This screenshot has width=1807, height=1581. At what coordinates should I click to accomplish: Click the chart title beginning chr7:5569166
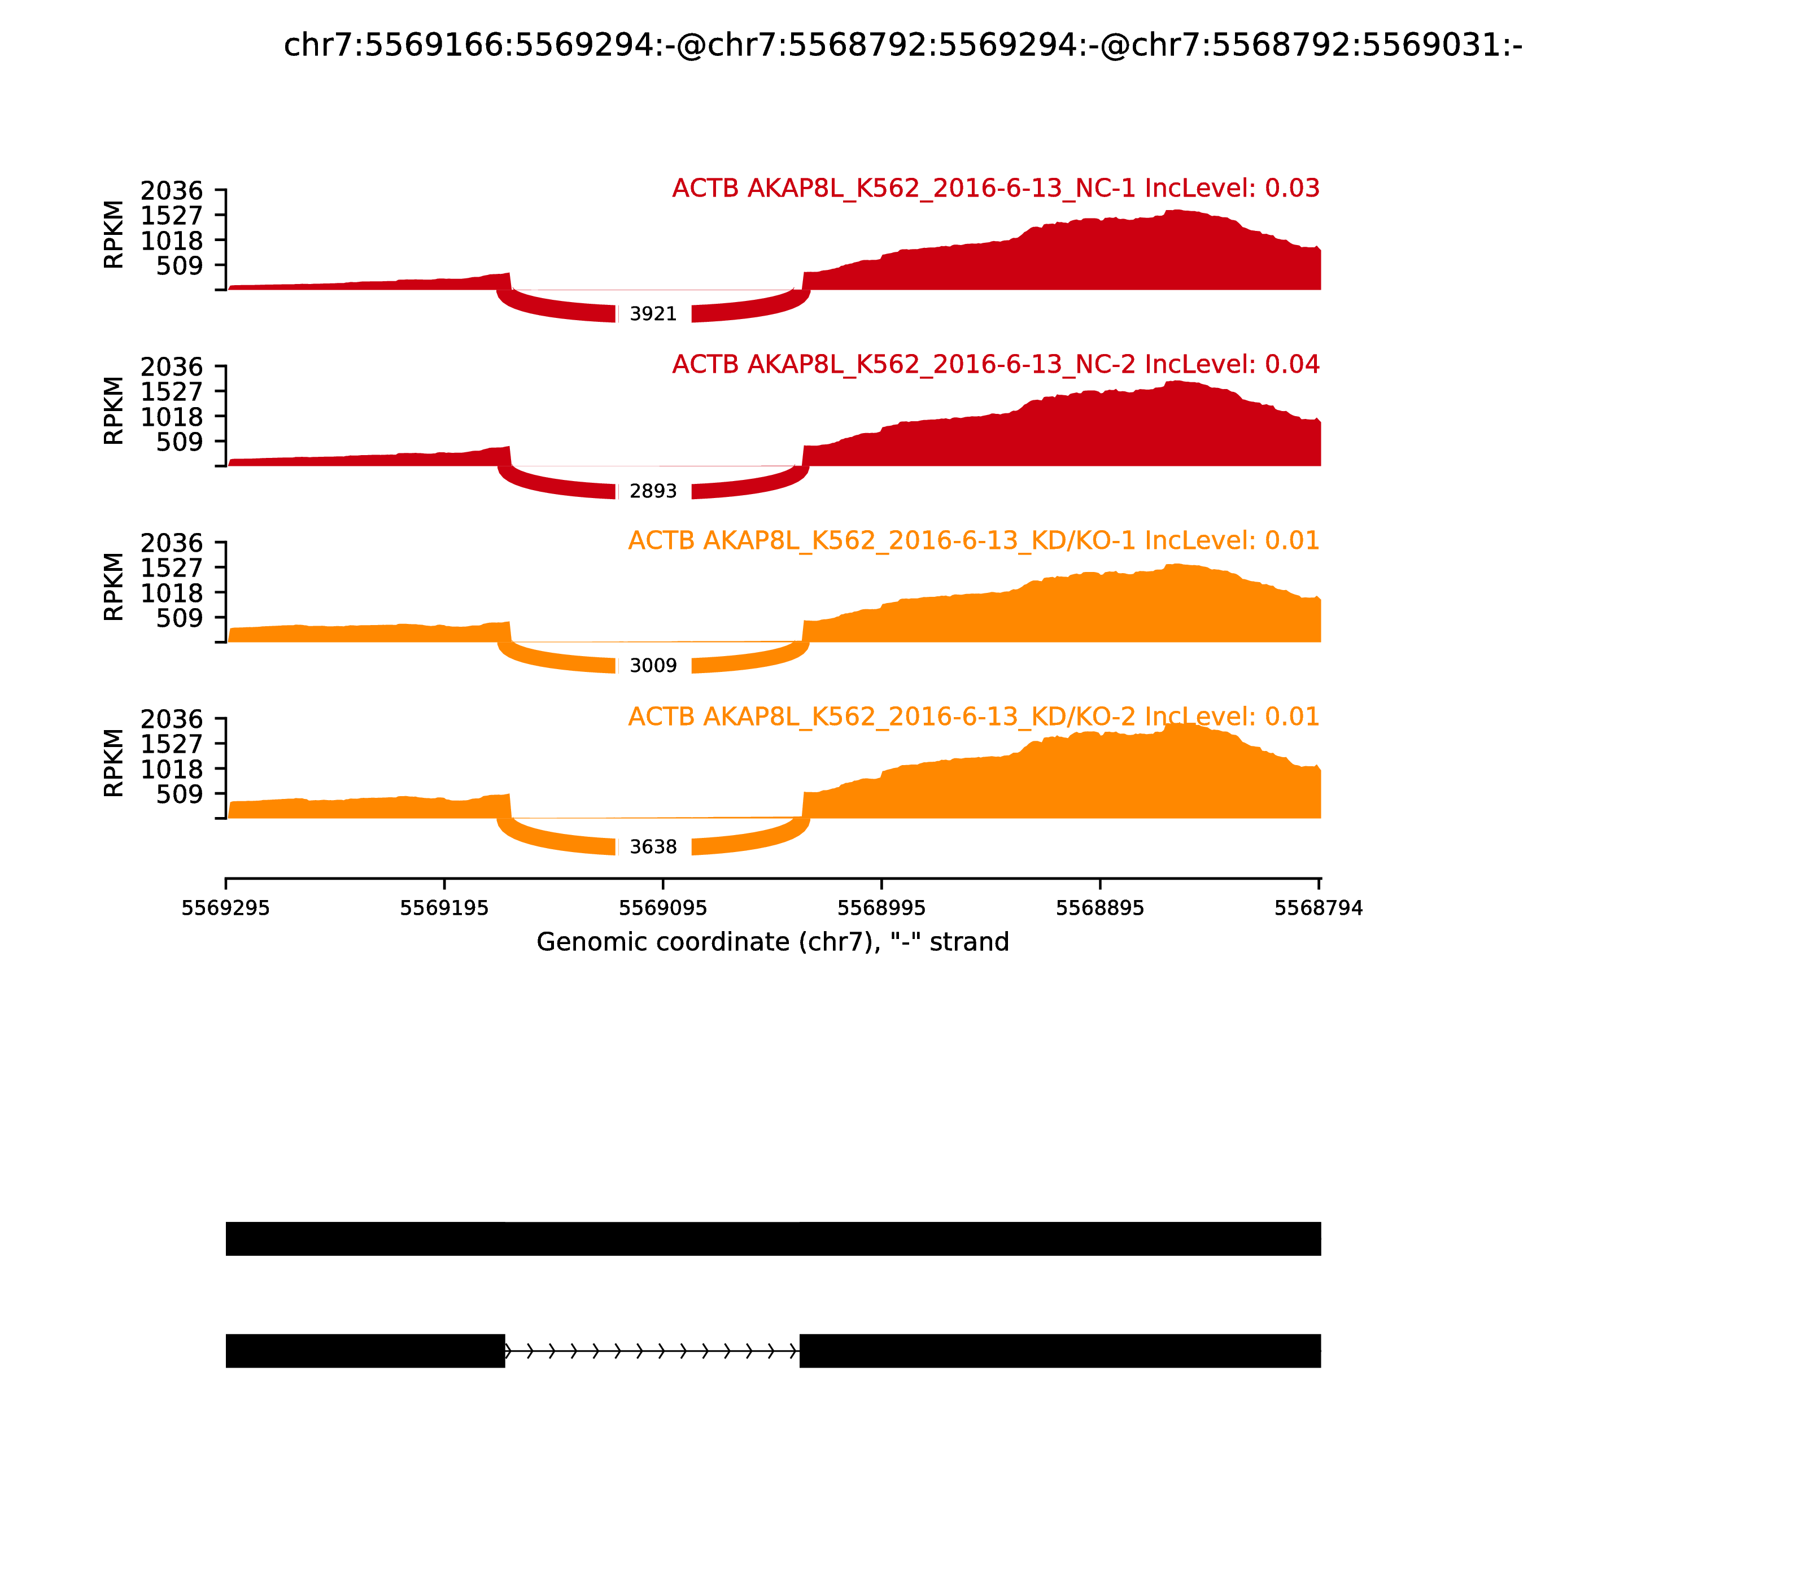click(902, 45)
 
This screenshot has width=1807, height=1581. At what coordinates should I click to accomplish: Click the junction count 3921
click(653, 314)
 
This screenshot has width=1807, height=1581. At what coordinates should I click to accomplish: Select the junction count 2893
click(653, 491)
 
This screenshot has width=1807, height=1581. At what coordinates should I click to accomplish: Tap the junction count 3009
click(653, 665)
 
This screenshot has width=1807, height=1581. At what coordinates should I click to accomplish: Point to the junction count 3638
click(653, 847)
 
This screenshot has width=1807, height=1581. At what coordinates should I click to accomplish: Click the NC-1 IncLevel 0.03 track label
click(995, 188)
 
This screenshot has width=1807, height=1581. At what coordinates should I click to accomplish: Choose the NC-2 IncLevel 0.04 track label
click(995, 364)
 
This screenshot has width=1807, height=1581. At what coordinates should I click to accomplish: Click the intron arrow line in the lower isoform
click(652, 1351)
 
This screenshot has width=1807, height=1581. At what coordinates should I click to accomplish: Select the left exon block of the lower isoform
click(365, 1351)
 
